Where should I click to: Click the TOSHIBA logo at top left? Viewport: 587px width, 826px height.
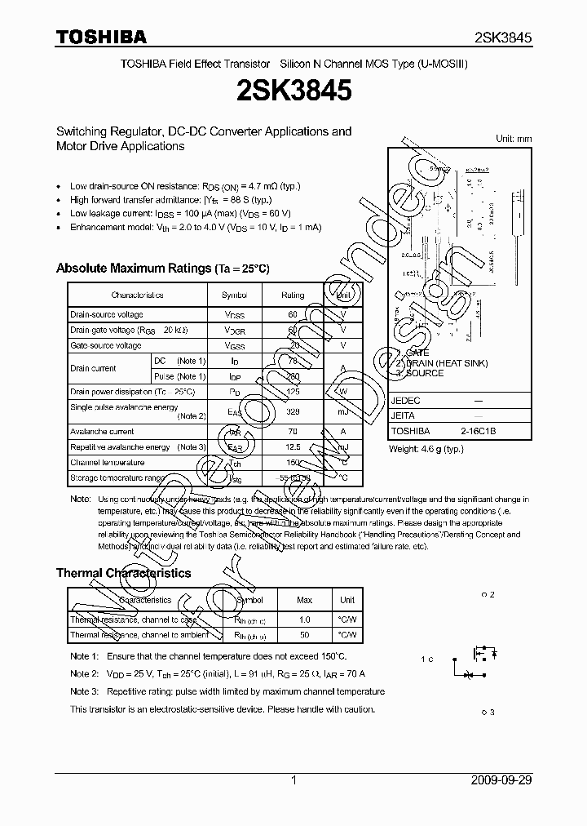click(x=101, y=37)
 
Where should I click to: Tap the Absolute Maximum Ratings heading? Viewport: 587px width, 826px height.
click(x=162, y=269)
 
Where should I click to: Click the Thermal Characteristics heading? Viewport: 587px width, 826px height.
click(x=123, y=573)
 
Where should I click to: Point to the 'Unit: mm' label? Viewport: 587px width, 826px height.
click(x=514, y=139)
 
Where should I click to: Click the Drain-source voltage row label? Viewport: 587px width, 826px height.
click(x=107, y=315)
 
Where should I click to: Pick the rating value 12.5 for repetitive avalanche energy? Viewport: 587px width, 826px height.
click(x=293, y=447)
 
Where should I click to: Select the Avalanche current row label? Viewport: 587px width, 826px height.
click(x=102, y=432)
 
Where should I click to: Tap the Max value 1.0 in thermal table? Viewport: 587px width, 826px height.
click(x=304, y=619)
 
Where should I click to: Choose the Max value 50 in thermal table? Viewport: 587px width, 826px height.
click(x=304, y=634)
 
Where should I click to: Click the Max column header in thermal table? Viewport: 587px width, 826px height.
click(x=304, y=600)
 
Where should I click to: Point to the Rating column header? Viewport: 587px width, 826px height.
click(x=293, y=295)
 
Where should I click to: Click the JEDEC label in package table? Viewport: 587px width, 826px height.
click(x=405, y=402)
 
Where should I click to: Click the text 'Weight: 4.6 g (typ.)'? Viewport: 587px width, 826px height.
click(x=428, y=448)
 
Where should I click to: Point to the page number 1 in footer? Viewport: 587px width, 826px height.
click(x=293, y=780)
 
